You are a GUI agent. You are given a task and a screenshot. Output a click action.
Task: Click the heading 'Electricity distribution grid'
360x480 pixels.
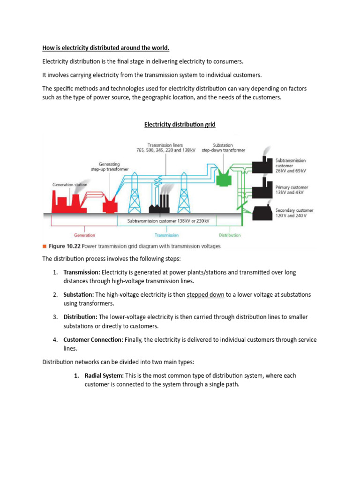[x=180, y=124]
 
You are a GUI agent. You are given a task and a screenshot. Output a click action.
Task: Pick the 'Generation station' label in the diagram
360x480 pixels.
[x=69, y=185]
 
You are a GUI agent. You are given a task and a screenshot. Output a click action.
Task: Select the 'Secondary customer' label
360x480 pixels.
[x=294, y=210]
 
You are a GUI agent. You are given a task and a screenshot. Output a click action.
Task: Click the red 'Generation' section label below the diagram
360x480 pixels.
[x=84, y=235]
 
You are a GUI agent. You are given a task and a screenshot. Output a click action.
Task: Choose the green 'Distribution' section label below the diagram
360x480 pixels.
[x=229, y=235]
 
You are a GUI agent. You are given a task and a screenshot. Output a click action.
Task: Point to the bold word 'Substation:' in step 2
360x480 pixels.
[x=78, y=295]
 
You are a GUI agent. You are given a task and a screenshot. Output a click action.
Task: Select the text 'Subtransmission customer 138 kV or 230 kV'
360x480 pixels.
[x=168, y=220]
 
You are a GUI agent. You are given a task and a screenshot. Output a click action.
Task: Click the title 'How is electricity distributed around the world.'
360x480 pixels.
[x=106, y=48]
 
